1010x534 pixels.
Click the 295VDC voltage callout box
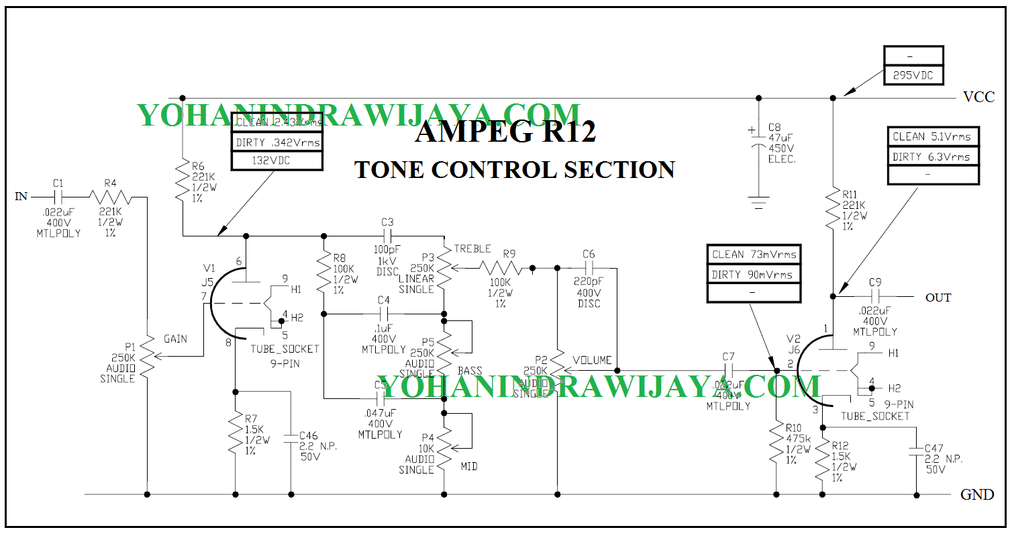tap(913, 75)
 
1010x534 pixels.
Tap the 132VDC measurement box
tap(276, 161)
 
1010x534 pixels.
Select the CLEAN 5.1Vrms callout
tap(931, 136)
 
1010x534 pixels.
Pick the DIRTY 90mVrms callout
tap(753, 274)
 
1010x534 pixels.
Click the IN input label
tap(21, 196)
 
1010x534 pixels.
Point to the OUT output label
tap(938, 297)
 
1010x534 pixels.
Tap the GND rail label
tap(976, 495)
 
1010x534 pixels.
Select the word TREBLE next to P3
tap(472, 249)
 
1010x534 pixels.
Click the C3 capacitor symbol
tap(387, 236)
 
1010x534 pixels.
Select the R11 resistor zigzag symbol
tap(833, 209)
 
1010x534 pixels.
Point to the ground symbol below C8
tap(758, 202)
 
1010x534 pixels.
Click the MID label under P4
tap(469, 465)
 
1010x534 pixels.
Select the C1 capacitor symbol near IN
tap(57, 196)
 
